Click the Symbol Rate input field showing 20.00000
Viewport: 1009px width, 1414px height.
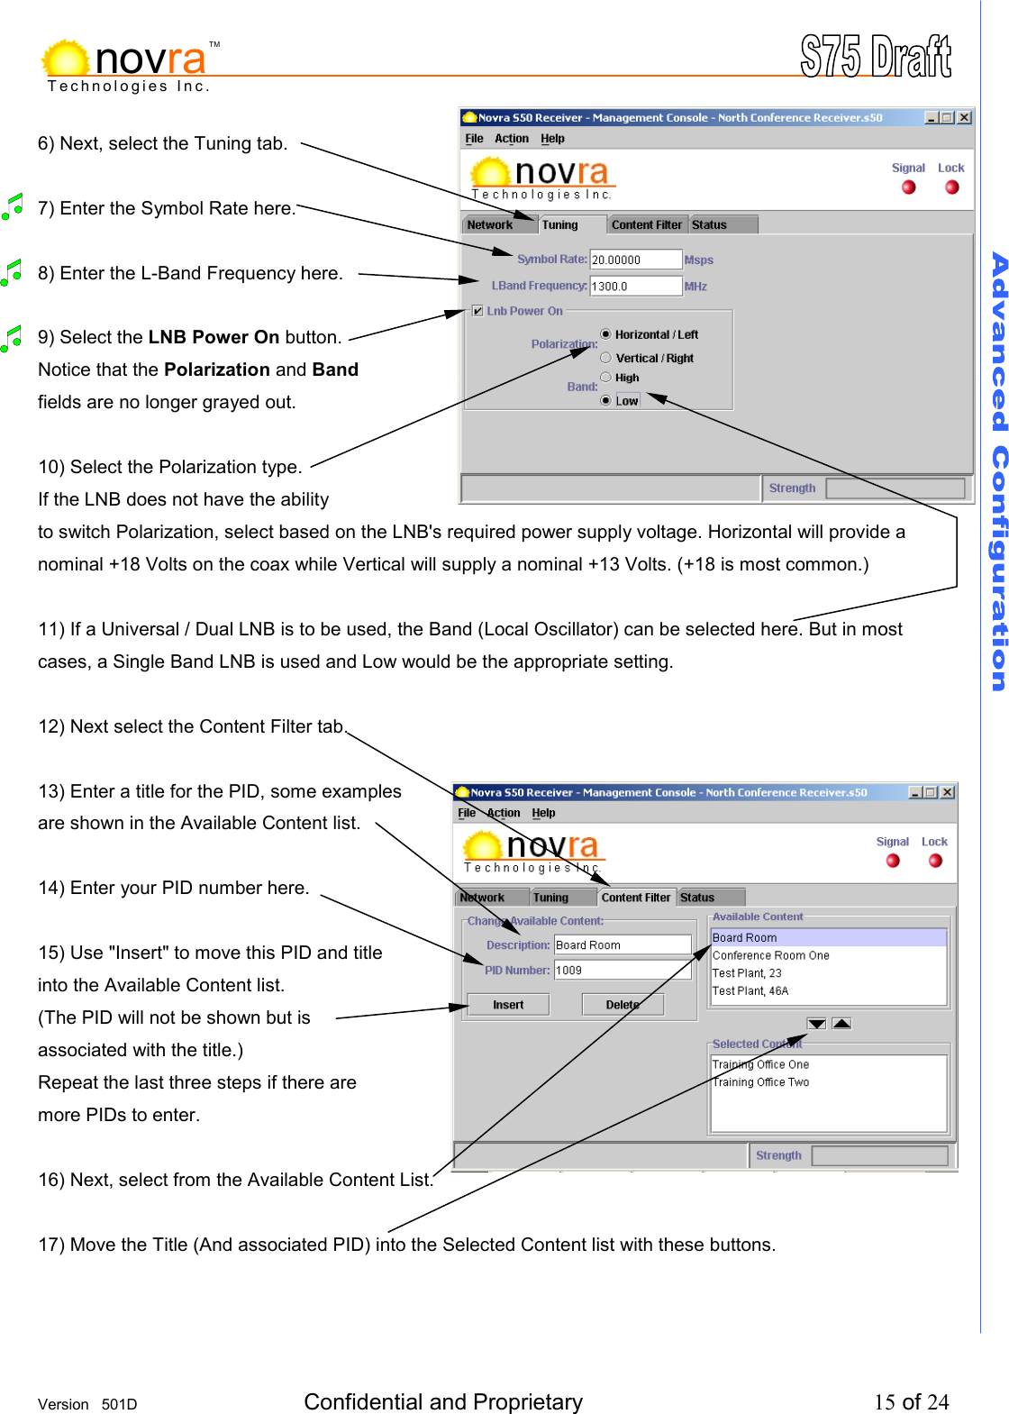tap(635, 260)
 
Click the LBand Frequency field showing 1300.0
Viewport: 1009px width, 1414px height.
tap(635, 286)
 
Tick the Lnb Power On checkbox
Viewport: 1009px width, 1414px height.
tap(477, 311)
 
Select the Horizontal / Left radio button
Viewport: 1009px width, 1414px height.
tap(605, 334)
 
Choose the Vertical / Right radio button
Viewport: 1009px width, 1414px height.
tap(605, 358)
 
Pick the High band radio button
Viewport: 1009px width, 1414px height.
tap(605, 378)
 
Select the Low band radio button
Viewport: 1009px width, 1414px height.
tap(605, 401)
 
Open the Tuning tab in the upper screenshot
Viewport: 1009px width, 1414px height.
tap(560, 225)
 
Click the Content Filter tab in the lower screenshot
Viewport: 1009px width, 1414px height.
tap(635, 898)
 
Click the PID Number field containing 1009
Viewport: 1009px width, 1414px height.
tap(622, 971)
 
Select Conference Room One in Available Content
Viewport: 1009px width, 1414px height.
tap(771, 955)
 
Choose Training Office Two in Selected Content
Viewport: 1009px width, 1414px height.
tap(761, 1082)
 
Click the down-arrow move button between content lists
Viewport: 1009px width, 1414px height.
tap(816, 1024)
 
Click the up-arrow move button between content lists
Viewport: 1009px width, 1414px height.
tap(841, 1024)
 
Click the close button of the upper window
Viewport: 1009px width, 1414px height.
tap(964, 117)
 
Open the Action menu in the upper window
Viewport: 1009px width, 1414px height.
tap(512, 139)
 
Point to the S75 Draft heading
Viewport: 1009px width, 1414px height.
tap(875, 57)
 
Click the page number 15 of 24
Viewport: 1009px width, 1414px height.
tap(911, 1401)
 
